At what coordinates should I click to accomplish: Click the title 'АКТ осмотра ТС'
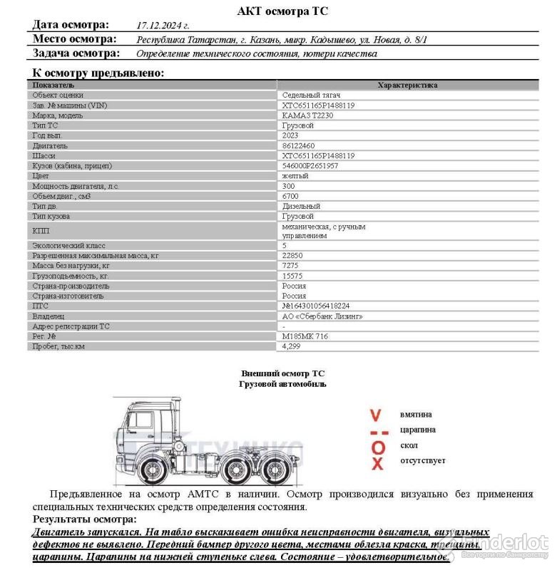pos(282,11)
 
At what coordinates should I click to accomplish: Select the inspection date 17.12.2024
pos(163,25)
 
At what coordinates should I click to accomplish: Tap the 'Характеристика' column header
pos(407,85)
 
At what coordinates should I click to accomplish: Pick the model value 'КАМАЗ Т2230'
pos(307,115)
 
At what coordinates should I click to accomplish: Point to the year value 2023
pos(291,135)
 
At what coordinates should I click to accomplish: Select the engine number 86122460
pos(298,145)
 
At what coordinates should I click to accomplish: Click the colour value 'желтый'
pos(295,175)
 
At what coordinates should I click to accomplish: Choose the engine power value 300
pos(289,185)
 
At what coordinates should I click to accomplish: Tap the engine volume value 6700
pos(290,195)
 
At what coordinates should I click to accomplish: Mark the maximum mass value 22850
pos(292,255)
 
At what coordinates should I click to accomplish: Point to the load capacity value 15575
pos(292,275)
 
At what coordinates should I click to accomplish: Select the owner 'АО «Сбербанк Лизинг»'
pos(322,316)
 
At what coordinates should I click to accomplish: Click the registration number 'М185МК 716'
pos(305,336)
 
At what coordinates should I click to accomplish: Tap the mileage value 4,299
pos(292,346)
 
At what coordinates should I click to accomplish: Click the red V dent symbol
pos(377,414)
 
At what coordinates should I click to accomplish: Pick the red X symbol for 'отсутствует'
pos(378,463)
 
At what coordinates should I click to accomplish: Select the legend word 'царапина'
pos(418,430)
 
